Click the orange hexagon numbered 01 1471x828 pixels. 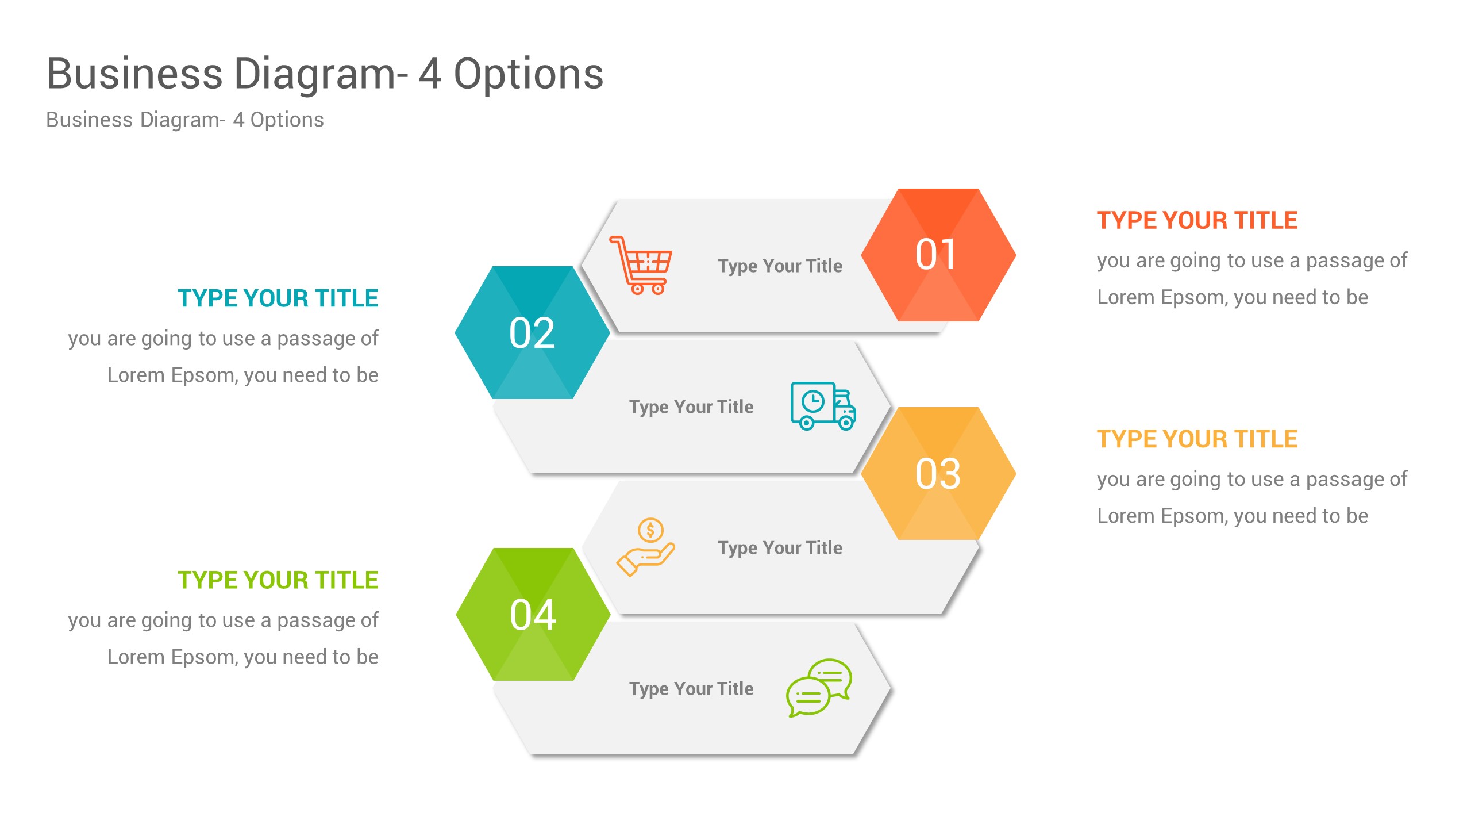tap(938, 255)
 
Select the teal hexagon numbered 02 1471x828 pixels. tap(532, 332)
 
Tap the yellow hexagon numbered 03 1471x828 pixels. tap(938, 473)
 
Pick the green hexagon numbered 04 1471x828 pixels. tap(533, 614)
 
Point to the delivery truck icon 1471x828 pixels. tap(823, 406)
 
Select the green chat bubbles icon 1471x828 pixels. tap(819, 688)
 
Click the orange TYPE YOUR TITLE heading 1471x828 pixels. tap(1197, 220)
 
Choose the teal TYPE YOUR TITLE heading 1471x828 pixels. tap(278, 298)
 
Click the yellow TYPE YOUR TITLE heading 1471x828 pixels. tap(1197, 439)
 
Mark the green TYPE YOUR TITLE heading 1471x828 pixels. tap(278, 580)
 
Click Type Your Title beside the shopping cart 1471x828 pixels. tap(780, 266)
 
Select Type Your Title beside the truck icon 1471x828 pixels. tap(691, 407)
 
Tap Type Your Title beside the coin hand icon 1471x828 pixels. tap(780, 548)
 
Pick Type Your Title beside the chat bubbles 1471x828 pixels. tap(691, 689)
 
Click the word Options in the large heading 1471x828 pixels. tap(529, 75)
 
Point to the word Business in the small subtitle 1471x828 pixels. tap(90, 120)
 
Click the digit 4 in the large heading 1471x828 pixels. tap(430, 75)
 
